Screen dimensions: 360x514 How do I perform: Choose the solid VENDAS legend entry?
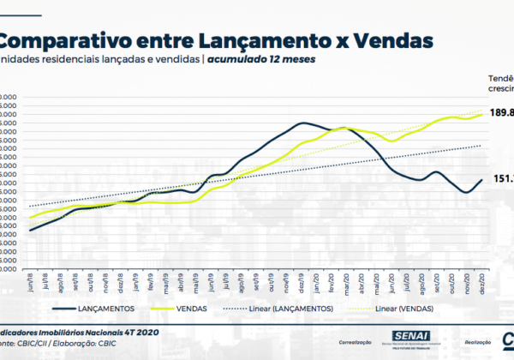(194, 308)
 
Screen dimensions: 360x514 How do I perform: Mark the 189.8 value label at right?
(502, 111)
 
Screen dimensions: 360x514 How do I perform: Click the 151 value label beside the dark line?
(504, 178)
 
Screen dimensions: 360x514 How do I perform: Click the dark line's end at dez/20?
(482, 179)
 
